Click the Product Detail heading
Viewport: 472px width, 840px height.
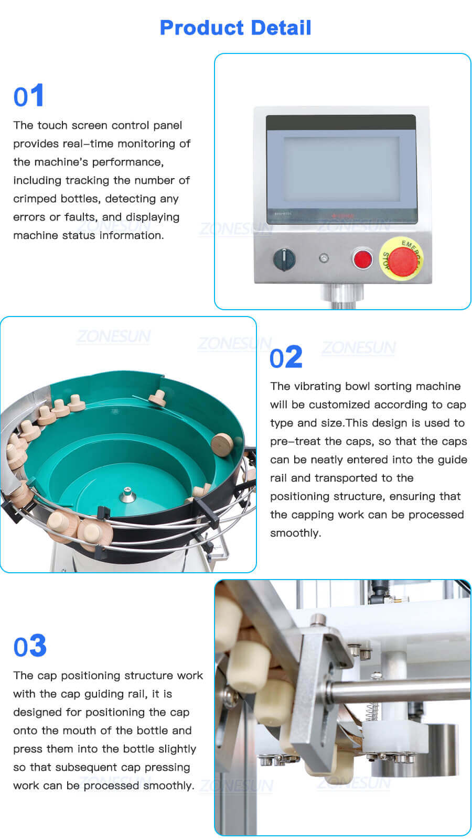point(235,27)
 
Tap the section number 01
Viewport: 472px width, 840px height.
point(28,96)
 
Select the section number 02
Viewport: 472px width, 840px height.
point(286,358)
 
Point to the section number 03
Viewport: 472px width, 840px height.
point(30,646)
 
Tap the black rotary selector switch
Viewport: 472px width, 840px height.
point(284,259)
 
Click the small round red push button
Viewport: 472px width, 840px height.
point(362,259)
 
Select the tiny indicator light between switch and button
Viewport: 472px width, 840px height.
point(324,258)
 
